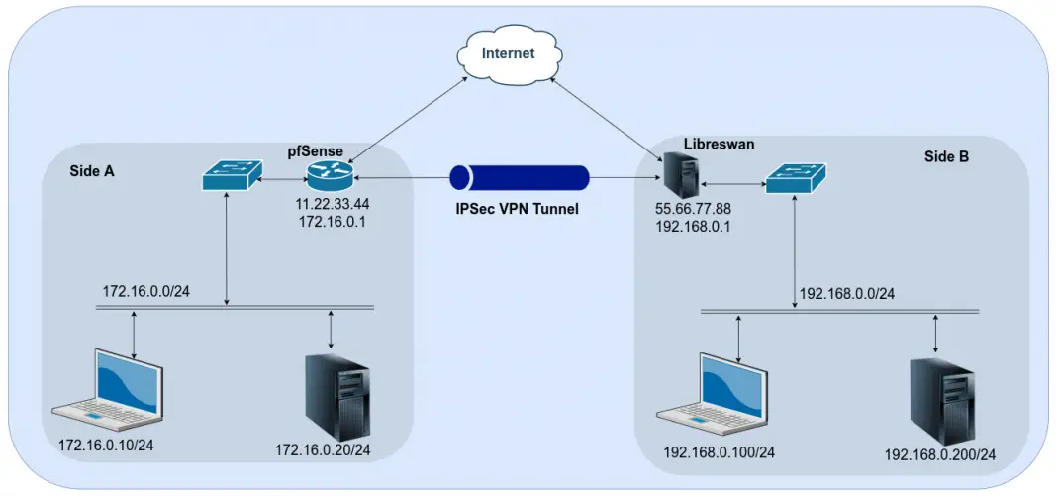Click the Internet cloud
[x=507, y=54]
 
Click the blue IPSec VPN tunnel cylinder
[x=519, y=178]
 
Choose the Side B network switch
[x=795, y=179]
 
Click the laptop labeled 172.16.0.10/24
[x=108, y=388]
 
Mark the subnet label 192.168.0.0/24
[x=846, y=294]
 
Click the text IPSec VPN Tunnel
[x=518, y=210]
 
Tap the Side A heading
[x=92, y=171]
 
